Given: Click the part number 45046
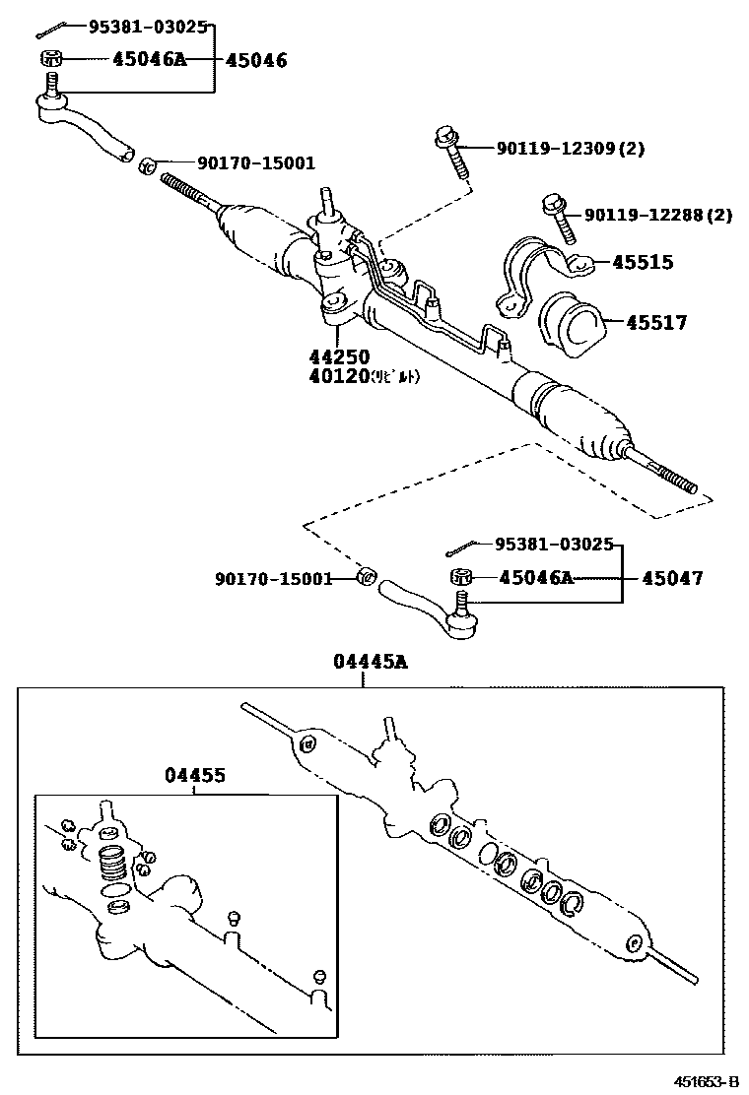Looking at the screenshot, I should point(256,60).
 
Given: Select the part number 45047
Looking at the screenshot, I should point(673,578).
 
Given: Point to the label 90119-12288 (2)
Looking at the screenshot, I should point(657,215).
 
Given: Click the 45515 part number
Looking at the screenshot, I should point(643,262).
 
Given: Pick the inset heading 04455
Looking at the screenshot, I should point(194,775).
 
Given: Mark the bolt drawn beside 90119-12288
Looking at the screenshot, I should point(557,218).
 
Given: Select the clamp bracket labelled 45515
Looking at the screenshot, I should point(532,271).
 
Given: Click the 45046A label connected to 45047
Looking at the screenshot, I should point(535,578).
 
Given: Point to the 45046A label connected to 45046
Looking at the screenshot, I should point(149,60).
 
